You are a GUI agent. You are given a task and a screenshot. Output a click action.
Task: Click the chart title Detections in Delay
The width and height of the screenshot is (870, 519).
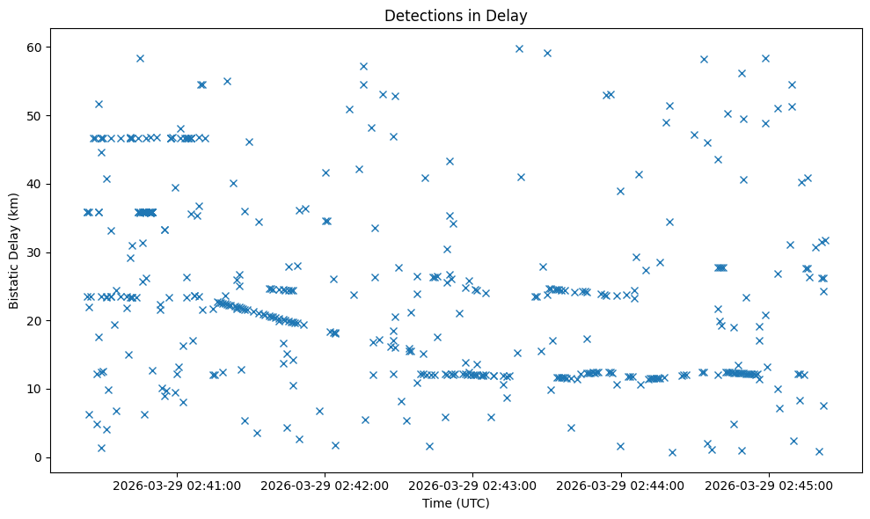coord(456,15)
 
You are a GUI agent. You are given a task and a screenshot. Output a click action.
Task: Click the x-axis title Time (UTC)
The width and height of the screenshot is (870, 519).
coord(456,503)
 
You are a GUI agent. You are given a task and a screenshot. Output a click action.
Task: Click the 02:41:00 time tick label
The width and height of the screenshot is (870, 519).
coord(177,485)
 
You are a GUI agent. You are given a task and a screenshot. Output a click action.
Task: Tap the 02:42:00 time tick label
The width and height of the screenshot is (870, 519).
coord(325,485)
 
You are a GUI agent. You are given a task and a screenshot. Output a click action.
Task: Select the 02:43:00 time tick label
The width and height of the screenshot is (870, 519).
coord(473,485)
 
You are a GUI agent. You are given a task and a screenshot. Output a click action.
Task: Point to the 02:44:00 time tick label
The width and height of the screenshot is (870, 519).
coord(622,485)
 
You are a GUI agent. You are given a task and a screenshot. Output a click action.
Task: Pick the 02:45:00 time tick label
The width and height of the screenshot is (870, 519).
coord(770,485)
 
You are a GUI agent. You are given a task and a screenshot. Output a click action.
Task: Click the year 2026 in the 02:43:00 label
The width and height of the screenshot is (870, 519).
coord(424,485)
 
